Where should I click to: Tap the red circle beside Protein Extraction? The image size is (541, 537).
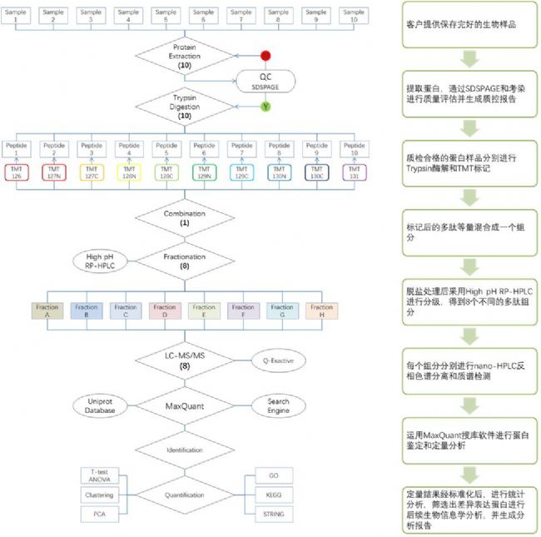pyautogui.click(x=266, y=56)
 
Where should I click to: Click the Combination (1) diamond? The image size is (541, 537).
pyautogui.click(x=185, y=219)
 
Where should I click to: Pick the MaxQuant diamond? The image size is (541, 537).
pyautogui.click(x=185, y=408)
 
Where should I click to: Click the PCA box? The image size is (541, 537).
pyautogui.click(x=99, y=515)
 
